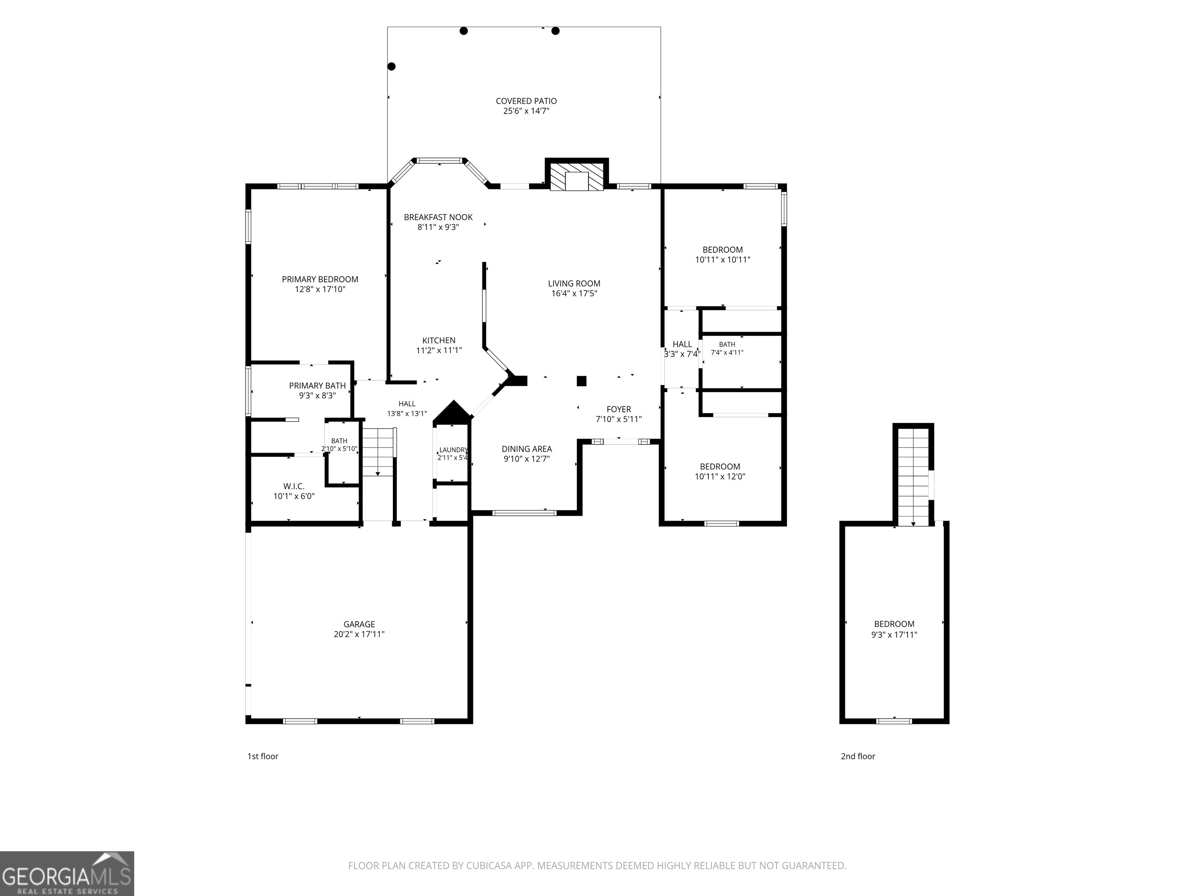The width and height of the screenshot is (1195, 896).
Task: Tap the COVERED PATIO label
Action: (x=526, y=101)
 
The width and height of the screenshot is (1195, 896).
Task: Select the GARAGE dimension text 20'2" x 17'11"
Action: (x=359, y=634)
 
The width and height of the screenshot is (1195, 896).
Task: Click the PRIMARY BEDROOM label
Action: (x=320, y=279)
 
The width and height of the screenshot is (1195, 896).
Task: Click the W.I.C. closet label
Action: (x=294, y=486)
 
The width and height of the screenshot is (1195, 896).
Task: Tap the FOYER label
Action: (x=619, y=409)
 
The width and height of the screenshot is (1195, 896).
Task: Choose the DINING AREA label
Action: (x=527, y=449)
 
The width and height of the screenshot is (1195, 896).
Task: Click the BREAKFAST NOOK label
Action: (x=438, y=217)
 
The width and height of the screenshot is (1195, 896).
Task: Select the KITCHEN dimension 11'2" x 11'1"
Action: (x=439, y=350)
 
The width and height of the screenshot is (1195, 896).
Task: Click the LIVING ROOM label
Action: (x=574, y=283)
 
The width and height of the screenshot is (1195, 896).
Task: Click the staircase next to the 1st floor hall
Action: (x=378, y=452)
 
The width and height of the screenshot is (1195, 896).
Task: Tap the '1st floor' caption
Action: (x=263, y=756)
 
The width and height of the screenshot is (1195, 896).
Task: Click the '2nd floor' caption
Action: (x=858, y=756)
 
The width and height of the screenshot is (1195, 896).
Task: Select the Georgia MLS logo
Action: (x=67, y=873)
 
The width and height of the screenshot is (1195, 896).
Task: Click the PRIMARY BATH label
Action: (x=317, y=386)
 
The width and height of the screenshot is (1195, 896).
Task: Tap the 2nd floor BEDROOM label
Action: (x=894, y=624)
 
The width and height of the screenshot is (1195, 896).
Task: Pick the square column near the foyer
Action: (x=581, y=381)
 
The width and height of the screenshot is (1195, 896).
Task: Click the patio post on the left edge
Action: (x=392, y=66)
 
